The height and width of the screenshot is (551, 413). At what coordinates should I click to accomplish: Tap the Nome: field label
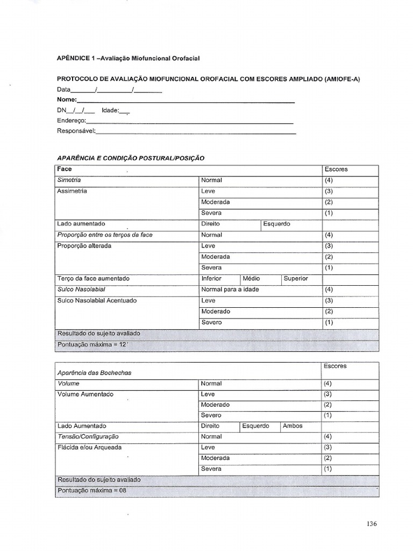[x=67, y=100]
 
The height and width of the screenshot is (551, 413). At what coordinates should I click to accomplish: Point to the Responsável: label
[x=76, y=131]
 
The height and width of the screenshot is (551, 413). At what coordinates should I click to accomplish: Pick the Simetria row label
[x=69, y=180]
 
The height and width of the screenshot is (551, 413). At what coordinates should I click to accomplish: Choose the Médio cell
[x=251, y=279]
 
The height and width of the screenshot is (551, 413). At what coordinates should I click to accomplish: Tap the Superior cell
[x=296, y=279]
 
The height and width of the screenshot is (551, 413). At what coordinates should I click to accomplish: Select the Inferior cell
[x=211, y=279]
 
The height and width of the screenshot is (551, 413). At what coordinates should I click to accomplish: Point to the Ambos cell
[x=293, y=426]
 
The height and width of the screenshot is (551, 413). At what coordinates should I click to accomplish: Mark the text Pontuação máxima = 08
[x=91, y=491]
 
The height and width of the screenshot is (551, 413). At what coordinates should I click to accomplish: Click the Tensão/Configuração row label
[x=88, y=436]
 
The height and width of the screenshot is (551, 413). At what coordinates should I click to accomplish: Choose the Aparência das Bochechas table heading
[x=94, y=372]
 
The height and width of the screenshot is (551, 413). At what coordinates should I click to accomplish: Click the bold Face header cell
[x=65, y=169]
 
